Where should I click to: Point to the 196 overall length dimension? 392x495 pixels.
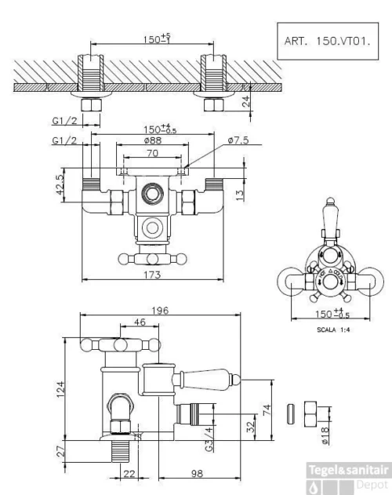160,311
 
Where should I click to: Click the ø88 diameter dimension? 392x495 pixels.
154,140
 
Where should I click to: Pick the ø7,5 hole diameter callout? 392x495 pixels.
238,140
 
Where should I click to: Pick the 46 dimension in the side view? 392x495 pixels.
118,322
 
